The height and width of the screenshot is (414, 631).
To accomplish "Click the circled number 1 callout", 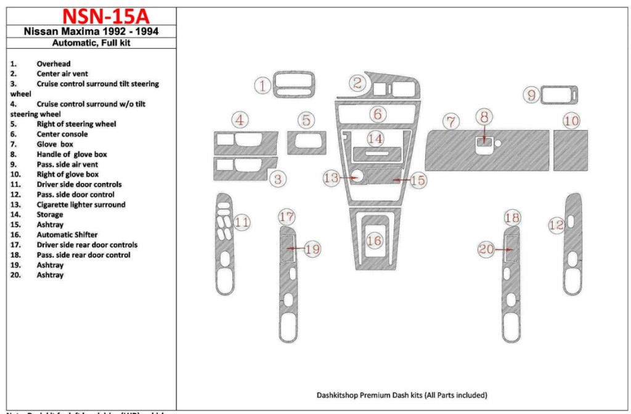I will (x=264, y=86).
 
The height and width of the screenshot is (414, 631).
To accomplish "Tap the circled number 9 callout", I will (x=531, y=95).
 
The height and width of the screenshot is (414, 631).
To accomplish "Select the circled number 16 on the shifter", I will (x=374, y=241).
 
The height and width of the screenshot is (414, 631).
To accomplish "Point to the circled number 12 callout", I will (x=556, y=225).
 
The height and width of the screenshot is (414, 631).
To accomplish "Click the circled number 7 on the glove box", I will (x=452, y=121).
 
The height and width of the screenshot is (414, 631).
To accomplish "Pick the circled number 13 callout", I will (x=332, y=178).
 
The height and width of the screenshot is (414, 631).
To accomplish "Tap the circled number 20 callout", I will (x=487, y=250).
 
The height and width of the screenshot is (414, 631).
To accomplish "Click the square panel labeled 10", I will (x=570, y=152).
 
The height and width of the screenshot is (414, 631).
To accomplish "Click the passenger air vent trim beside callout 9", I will (x=560, y=95).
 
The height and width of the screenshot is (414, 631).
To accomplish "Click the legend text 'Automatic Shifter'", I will (x=67, y=235).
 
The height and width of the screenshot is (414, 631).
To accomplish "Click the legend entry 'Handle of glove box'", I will (x=71, y=155).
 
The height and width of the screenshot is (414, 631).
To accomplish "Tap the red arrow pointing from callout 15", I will (x=401, y=180).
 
